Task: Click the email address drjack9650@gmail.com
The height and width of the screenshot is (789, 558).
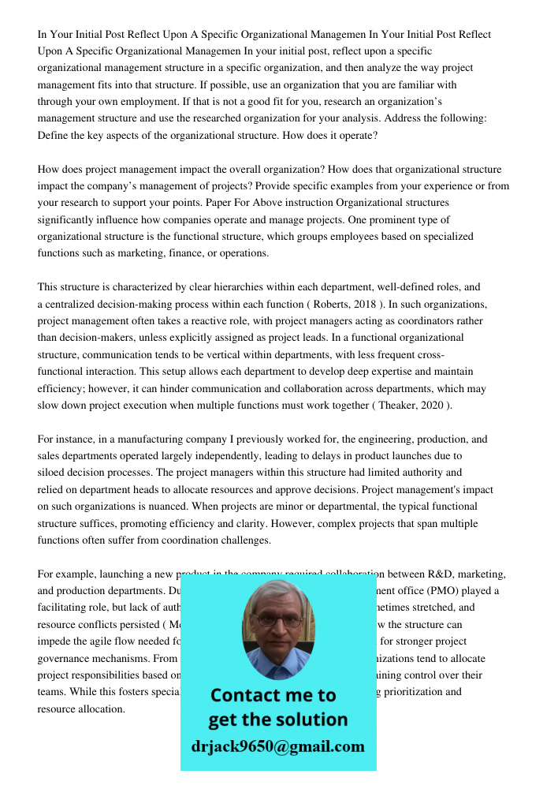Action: pyautogui.click(x=278, y=746)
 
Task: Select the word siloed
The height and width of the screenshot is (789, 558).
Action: pyautogui.click(x=54, y=473)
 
